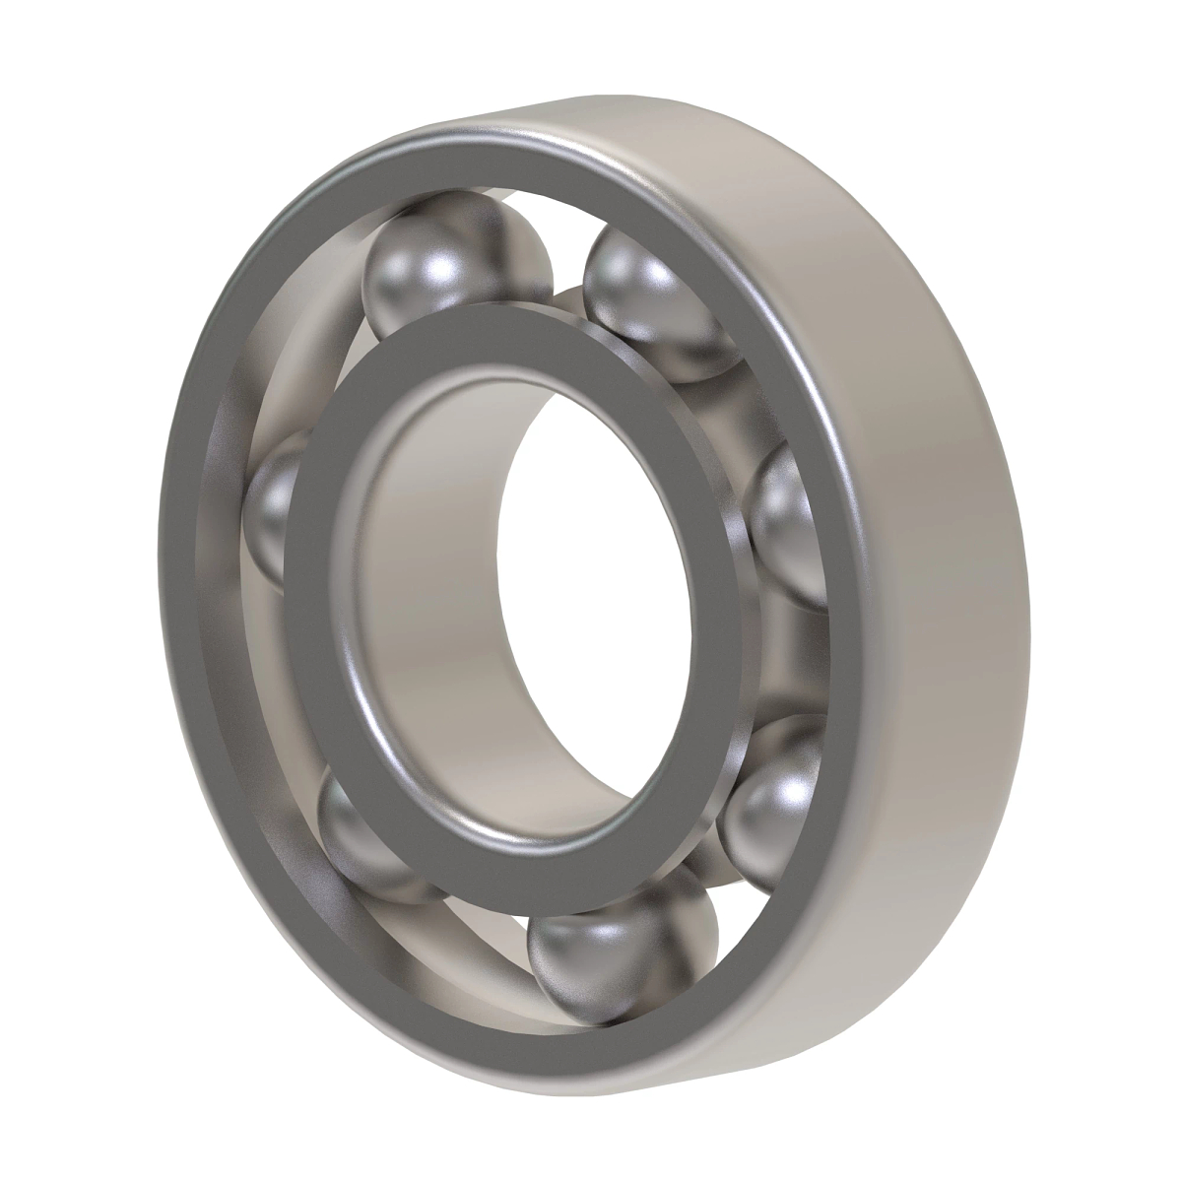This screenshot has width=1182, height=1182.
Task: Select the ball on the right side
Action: (x=788, y=522)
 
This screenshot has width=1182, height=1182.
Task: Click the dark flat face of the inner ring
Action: (x=325, y=552)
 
